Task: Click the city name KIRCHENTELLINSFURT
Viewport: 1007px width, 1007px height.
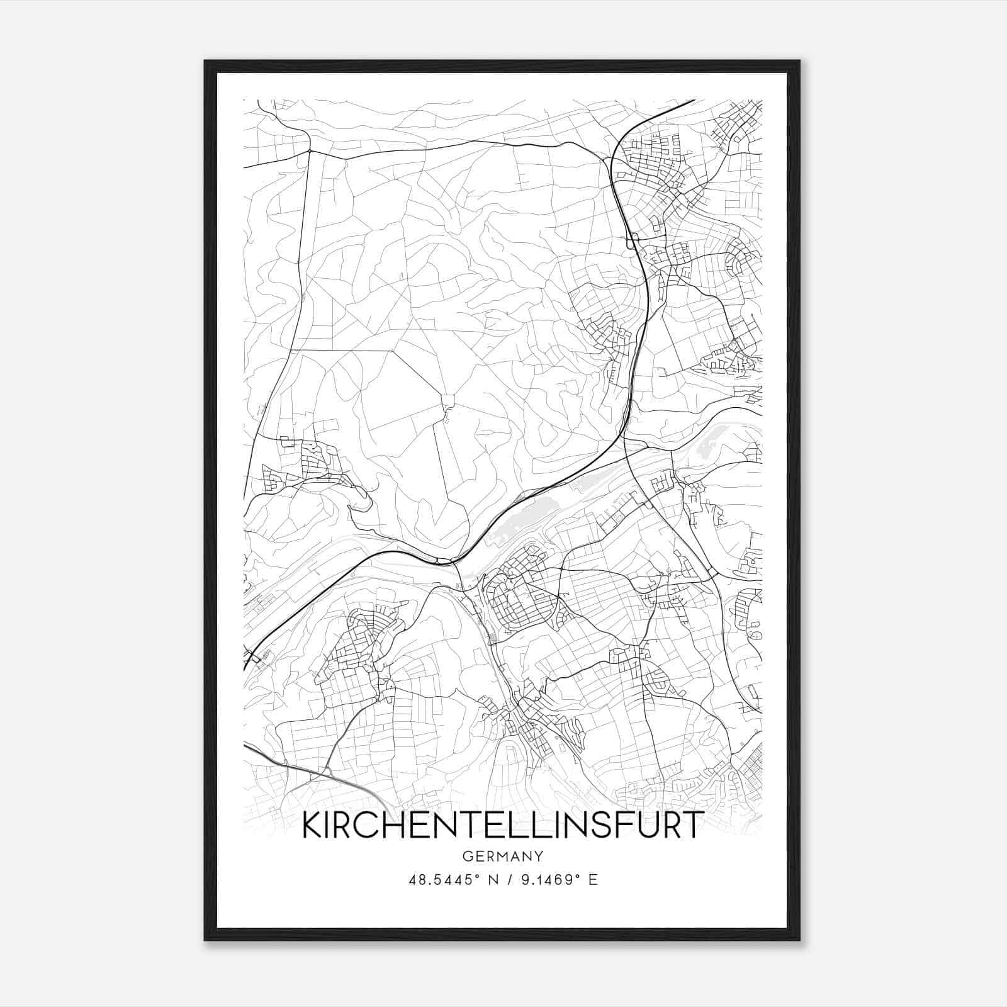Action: click(x=502, y=825)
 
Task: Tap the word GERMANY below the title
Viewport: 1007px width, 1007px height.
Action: click(x=502, y=856)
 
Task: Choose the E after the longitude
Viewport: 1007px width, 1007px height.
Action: click(x=592, y=880)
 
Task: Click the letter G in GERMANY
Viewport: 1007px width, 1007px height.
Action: click(x=467, y=856)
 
